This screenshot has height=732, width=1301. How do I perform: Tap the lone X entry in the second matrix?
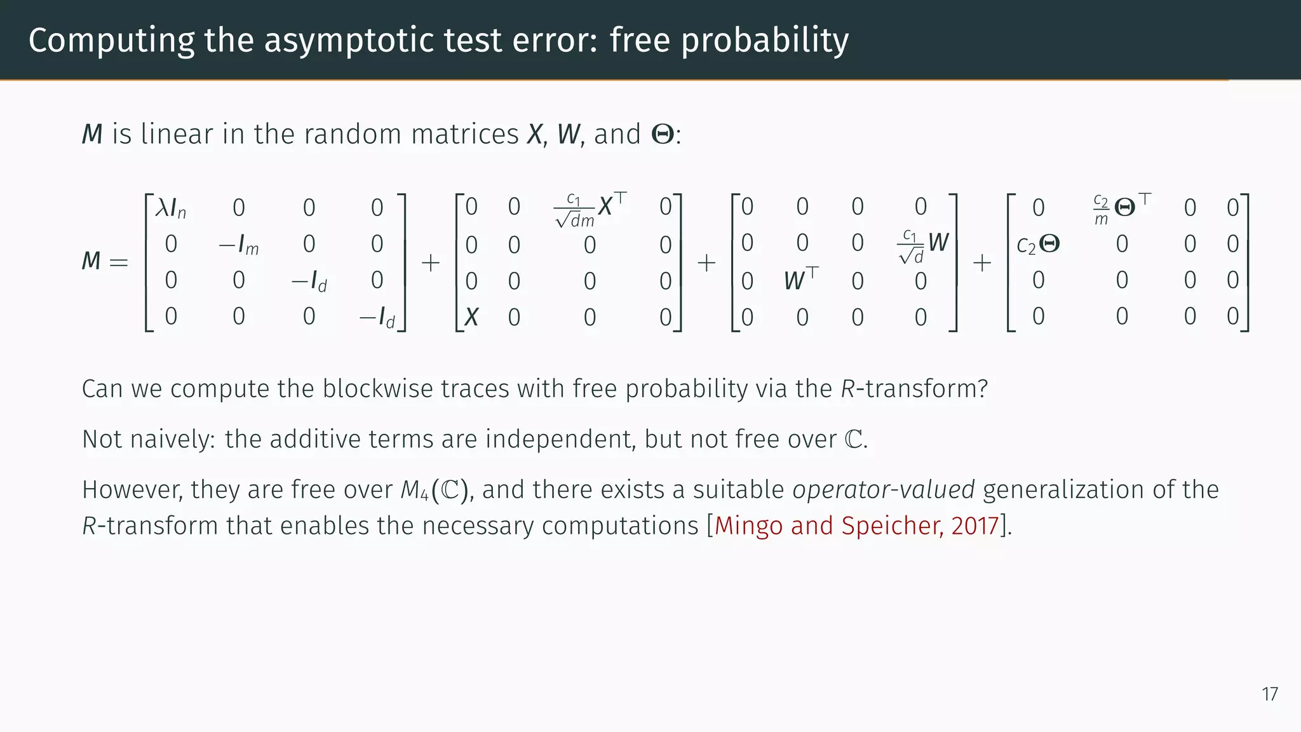click(x=471, y=316)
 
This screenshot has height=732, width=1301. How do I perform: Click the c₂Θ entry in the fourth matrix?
click(x=1038, y=245)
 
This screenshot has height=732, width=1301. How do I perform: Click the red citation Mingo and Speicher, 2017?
click(x=857, y=526)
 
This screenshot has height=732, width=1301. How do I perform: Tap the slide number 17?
click(x=1270, y=694)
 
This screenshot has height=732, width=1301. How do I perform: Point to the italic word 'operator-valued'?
click(x=884, y=490)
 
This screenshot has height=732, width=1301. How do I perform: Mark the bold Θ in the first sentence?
click(x=663, y=135)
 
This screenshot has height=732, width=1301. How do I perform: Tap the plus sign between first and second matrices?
click(x=431, y=262)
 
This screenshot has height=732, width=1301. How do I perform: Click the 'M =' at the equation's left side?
click(x=105, y=261)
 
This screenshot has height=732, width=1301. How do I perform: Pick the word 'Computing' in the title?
click(x=111, y=41)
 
